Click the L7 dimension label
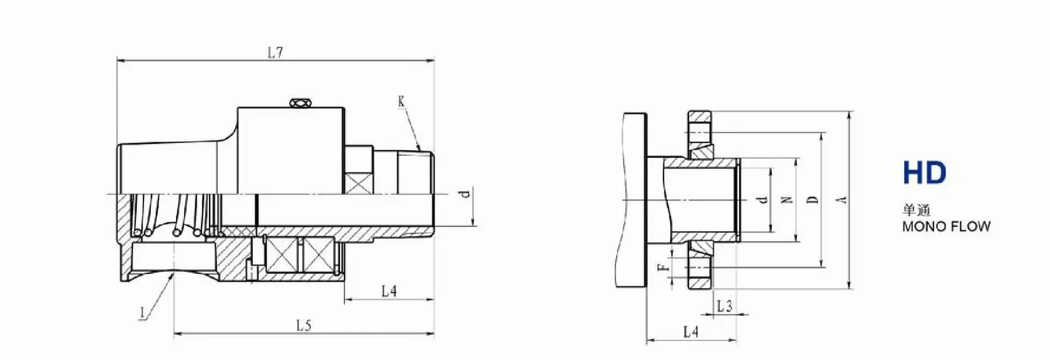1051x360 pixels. tap(275, 53)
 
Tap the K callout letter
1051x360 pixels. tap(401, 101)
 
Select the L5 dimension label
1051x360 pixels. tap(304, 325)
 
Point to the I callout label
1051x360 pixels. tap(142, 313)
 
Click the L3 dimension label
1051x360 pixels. tap(725, 306)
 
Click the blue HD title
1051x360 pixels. tap(925, 173)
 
